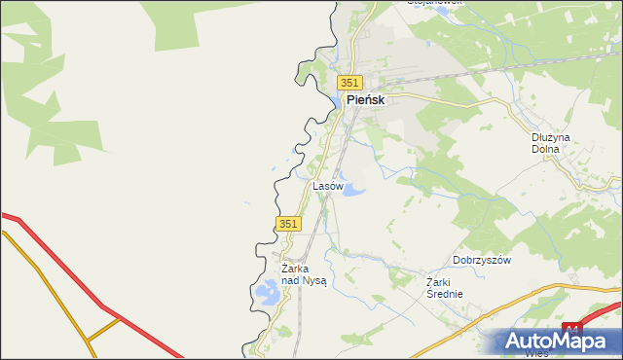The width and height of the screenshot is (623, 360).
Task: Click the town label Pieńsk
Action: [366, 100]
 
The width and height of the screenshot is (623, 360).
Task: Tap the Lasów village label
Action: [327, 185]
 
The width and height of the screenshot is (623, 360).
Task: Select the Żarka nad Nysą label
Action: [303, 274]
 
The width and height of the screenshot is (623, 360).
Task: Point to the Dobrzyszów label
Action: [482, 261]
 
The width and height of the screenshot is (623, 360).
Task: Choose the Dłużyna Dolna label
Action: [551, 144]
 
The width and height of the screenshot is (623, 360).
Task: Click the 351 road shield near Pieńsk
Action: [350, 83]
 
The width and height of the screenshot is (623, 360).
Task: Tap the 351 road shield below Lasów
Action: [287, 224]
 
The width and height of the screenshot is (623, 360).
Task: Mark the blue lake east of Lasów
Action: [352, 188]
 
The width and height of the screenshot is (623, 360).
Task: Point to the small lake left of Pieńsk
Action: [335, 100]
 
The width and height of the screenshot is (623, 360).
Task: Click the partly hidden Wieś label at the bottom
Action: [534, 353]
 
